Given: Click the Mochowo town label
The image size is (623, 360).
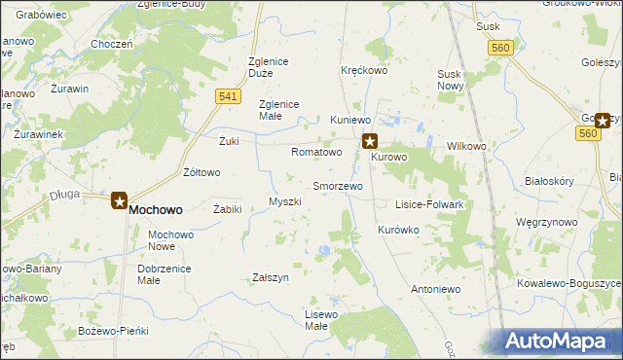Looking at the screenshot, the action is coord(156,209).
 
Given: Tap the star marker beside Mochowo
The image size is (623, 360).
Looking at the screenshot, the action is coord(119,201).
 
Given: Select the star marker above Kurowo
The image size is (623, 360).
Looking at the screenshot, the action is coord(370,141).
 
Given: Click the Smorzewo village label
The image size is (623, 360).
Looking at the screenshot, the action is coord(337,185).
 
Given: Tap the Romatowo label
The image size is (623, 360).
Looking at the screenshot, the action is coord(316,153).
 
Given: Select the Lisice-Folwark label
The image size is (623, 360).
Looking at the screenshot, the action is coord(428,205).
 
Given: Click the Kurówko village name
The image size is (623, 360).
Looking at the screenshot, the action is coord(397,230).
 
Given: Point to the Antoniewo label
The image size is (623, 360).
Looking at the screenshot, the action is coord(435,289).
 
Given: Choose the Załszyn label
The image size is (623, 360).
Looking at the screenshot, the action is coord(271,277).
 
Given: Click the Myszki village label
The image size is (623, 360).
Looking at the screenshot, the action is coord(285,201).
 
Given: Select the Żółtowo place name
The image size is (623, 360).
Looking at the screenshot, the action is coord(202,172).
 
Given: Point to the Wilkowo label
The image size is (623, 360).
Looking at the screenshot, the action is coord(466,146).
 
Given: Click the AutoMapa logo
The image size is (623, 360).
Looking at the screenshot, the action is coord(561,342).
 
